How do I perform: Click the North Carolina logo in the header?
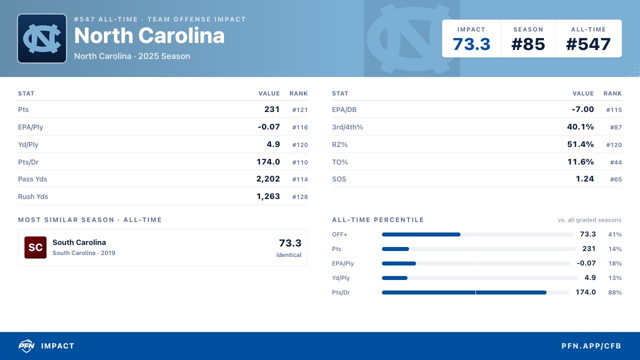[x=42, y=38]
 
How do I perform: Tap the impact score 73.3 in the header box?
[x=471, y=44]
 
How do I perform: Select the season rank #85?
[x=528, y=44]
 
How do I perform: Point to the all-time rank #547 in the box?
[x=588, y=44]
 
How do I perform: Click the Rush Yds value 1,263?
[x=268, y=196]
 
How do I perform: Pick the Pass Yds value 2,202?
[x=268, y=179]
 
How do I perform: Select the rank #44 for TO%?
[x=615, y=162]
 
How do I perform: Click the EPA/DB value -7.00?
[x=582, y=109]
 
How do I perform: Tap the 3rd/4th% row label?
[x=347, y=127]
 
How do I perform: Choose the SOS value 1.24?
[x=584, y=179]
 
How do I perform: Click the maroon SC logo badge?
[x=35, y=247]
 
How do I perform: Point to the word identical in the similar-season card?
[x=288, y=255]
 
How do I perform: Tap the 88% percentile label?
[x=615, y=292]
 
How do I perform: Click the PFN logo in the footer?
[x=26, y=345]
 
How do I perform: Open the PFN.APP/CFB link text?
[x=591, y=346]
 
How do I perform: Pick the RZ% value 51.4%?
[x=580, y=144]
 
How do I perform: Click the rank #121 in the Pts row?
[x=299, y=110]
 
